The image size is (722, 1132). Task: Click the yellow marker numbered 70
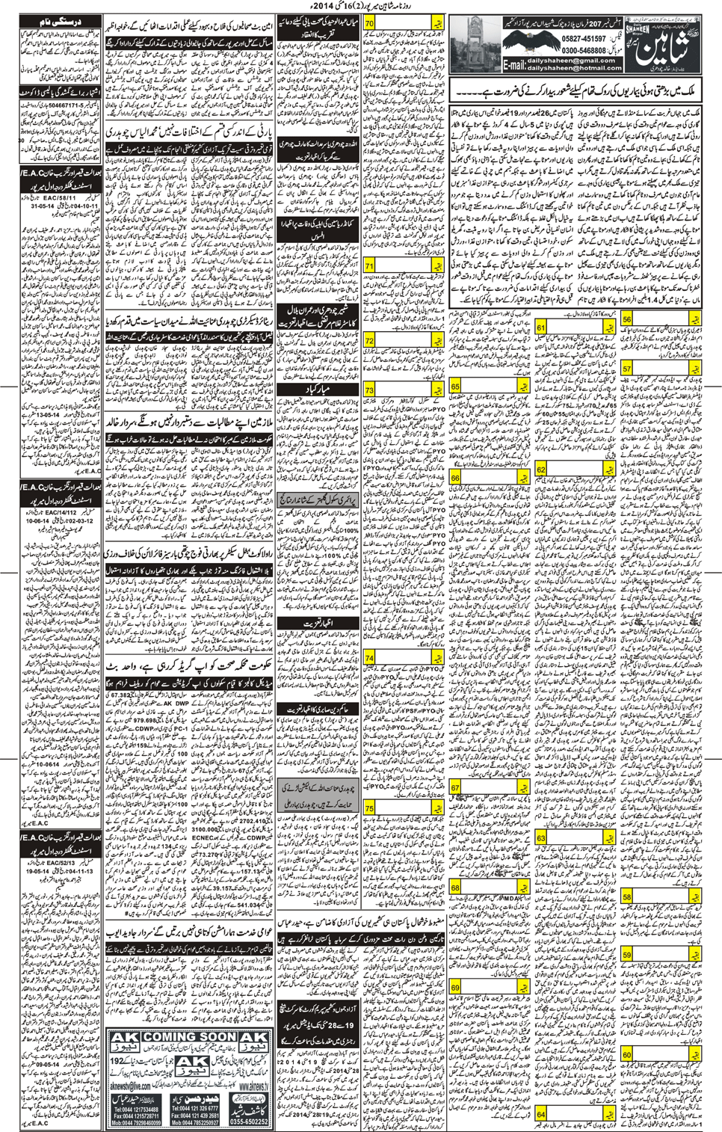[369, 23]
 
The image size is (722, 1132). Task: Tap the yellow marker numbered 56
[626, 319]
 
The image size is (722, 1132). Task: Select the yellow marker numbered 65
[455, 387]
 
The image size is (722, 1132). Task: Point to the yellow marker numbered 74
[369, 658]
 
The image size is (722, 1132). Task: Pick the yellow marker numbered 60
[626, 1055]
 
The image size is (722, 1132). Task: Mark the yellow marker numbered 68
[455, 888]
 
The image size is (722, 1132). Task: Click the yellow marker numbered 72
[369, 341]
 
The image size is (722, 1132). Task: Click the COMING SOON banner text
[190, 1037]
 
